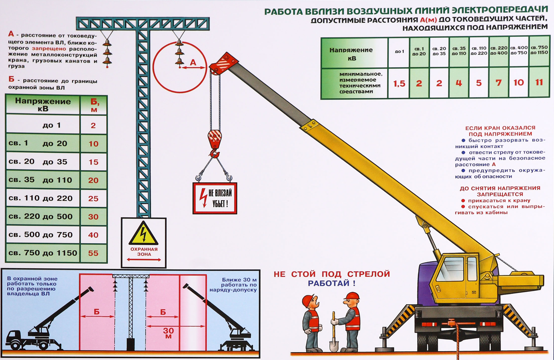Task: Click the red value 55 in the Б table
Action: pyautogui.click(x=93, y=253)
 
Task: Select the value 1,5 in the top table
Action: pyautogui.click(x=399, y=84)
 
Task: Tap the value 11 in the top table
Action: pyautogui.click(x=539, y=82)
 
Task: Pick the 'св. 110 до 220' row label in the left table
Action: pyautogui.click(x=41, y=198)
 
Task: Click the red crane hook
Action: pyautogui.click(x=214, y=143)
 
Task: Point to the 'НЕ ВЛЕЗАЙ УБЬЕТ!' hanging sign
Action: pyautogui.click(x=215, y=198)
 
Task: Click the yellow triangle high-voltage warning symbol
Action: pyautogui.click(x=144, y=233)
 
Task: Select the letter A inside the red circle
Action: pyautogui.click(x=193, y=62)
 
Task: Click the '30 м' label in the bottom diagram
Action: pyautogui.click(x=168, y=333)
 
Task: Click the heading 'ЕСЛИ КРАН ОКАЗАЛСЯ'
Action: pyautogui.click(x=500, y=128)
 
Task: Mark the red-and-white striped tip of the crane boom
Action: pyautogui.click(x=224, y=64)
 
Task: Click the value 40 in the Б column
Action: pyautogui.click(x=93, y=235)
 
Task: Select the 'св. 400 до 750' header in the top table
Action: pyautogui.click(x=518, y=50)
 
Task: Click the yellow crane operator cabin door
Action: pyautogui.click(x=472, y=278)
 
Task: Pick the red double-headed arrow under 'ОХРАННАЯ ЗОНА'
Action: pyautogui.click(x=144, y=259)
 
